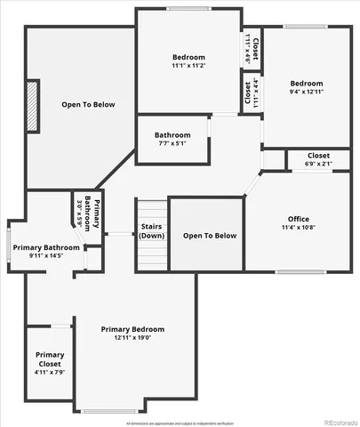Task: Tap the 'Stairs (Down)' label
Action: click(152, 231)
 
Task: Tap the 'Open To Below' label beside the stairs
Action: click(210, 236)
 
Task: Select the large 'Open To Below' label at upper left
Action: click(88, 105)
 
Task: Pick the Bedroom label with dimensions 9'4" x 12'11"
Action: click(305, 85)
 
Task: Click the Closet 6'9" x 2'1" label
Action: click(318, 159)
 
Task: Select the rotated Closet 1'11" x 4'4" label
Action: click(251, 93)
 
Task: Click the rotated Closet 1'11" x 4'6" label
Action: click(252, 49)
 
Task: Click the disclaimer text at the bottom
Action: click(180, 423)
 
